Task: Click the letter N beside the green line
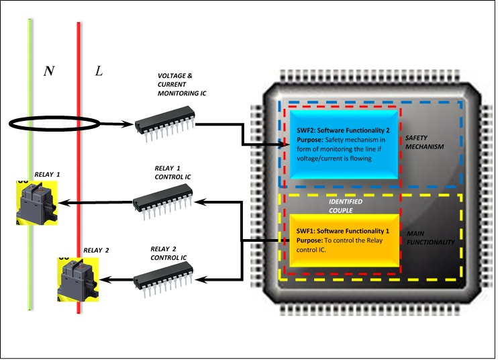pos(48,71)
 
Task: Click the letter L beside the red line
pos(99,71)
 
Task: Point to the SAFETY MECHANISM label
pos(424,142)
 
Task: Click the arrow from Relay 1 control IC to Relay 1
pos(94,201)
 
